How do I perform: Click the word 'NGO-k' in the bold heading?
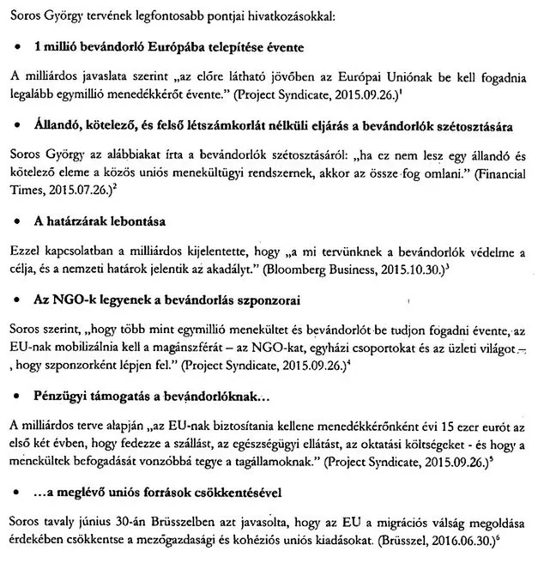76,301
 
